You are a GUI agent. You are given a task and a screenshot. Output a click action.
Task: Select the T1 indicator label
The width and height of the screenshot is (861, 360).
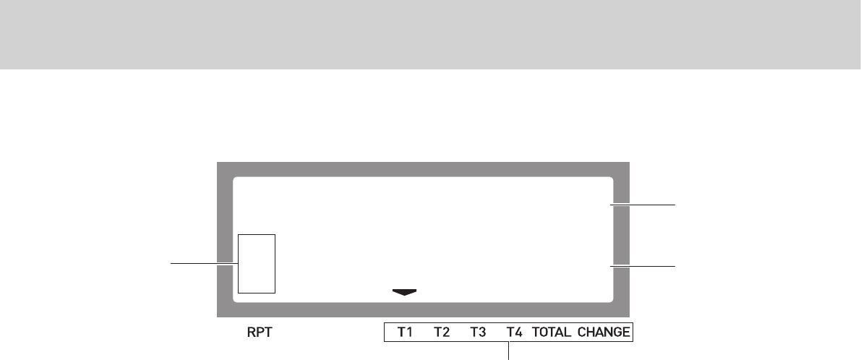[405, 333]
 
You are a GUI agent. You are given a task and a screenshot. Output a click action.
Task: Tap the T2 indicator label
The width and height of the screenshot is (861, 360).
[441, 333]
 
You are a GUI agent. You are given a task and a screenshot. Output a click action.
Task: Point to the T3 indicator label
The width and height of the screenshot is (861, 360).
[478, 333]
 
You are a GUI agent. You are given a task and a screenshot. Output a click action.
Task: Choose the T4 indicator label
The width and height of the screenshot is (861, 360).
[514, 333]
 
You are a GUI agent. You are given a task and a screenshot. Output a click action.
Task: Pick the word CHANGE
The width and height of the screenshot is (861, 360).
[603, 333]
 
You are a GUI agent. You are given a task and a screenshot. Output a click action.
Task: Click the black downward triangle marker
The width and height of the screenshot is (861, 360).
[405, 292]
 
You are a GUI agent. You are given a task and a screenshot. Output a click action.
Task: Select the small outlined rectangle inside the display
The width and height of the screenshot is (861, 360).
[257, 263]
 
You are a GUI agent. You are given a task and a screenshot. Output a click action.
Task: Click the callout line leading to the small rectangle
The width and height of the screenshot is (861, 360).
[203, 264]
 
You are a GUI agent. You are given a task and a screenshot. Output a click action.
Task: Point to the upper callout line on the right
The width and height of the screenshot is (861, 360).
[643, 205]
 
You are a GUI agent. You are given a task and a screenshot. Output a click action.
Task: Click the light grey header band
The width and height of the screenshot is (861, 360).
[430, 34]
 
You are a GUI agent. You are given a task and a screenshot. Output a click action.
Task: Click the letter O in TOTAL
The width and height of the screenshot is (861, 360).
[543, 333]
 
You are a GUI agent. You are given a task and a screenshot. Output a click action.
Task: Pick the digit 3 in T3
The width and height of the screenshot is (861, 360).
[481, 333]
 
